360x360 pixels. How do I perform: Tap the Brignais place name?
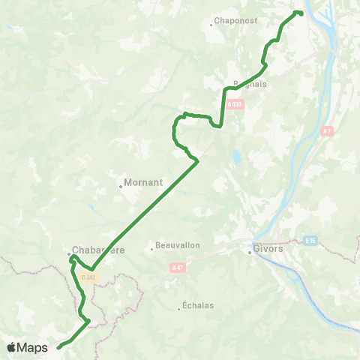pyautogui.click(x=251, y=85)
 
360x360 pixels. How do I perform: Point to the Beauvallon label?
pyautogui.click(x=175, y=245)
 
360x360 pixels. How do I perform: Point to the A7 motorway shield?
pyautogui.click(x=326, y=131)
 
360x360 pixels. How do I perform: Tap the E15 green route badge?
pyautogui.click(x=311, y=241)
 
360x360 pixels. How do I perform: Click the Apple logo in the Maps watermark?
pyautogui.click(x=12, y=347)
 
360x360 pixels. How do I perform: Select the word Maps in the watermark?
pyautogui.click(x=33, y=347)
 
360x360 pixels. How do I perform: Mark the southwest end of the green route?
pyautogui.click(x=58, y=347)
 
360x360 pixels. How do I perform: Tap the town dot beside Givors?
pyautogui.click(x=250, y=252)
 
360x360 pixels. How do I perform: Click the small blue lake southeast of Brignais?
pyautogui.click(x=237, y=158)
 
